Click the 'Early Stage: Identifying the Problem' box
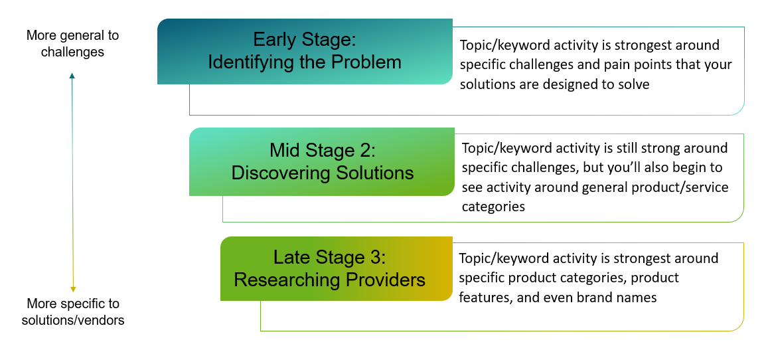[305, 51]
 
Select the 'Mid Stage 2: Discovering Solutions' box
[322, 161]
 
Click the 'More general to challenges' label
[72, 43]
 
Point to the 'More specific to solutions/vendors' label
[72, 312]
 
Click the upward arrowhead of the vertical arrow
[72, 76]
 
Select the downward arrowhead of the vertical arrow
[72, 288]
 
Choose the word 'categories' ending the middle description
[493, 207]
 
